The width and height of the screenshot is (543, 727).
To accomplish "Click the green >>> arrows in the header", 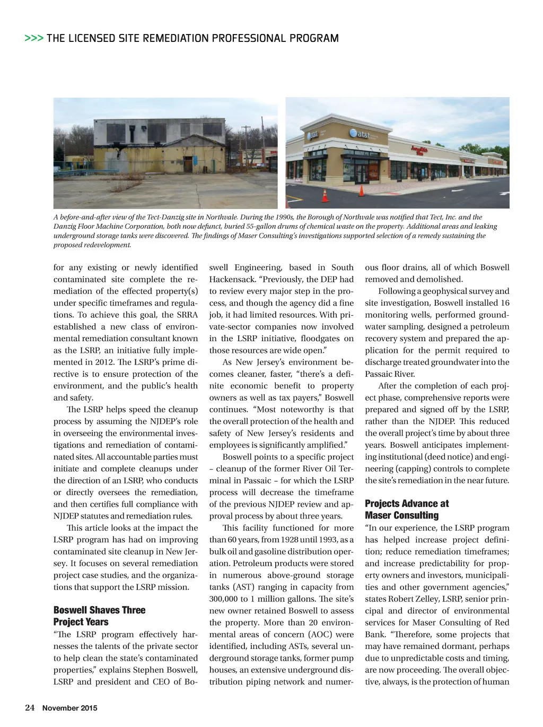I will (x=34, y=38).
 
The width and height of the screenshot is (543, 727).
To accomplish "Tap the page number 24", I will (x=30, y=707).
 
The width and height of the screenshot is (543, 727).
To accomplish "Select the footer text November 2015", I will (x=70, y=708).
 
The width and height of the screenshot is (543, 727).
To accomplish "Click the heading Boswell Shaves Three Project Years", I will (x=99, y=616).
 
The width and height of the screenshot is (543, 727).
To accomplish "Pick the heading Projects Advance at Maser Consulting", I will (x=407, y=509).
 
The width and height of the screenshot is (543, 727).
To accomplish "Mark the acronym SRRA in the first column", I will (x=187, y=315).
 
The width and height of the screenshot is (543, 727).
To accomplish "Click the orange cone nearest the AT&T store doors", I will (x=361, y=190).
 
